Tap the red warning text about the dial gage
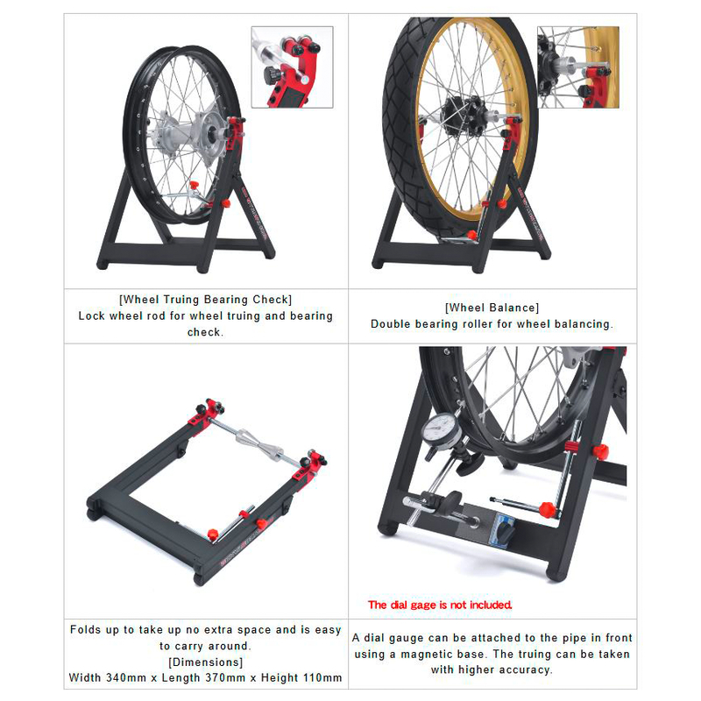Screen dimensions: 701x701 [440, 605]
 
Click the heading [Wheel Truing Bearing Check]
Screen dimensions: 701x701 [206, 299]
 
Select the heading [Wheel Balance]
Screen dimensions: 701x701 [492, 308]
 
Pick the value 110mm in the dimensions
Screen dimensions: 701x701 [322, 677]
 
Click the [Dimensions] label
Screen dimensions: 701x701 [206, 662]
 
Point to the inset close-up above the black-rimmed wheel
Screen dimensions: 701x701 [293, 67]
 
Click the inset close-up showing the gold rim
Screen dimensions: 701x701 [578, 67]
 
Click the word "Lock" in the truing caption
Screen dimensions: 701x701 [92, 315]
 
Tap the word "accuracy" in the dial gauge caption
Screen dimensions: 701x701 [525, 670]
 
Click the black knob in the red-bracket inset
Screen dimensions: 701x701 [271, 74]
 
